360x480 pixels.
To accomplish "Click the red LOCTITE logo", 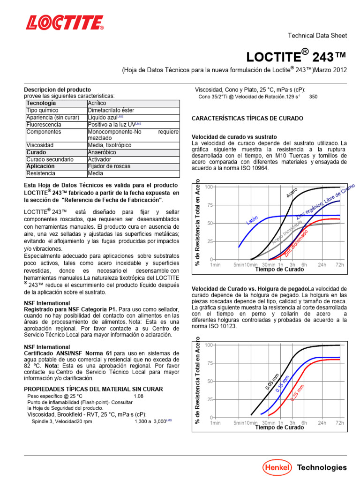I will tap(65, 23).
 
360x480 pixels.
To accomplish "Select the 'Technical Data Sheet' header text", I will tap(316, 36).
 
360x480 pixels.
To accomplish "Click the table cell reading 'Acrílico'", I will tap(97, 103).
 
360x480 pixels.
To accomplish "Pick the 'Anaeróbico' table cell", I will tap(102, 152).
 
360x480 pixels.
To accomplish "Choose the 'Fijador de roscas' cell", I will tap(109, 166).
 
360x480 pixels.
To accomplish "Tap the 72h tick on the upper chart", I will tap(339, 265).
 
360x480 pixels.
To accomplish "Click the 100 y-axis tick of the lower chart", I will tap(209, 345).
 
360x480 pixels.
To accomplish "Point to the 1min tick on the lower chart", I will tap(215, 423).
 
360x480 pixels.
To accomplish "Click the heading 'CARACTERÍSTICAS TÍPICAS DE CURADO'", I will tap(247, 118).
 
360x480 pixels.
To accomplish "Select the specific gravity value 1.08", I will tap(139, 396).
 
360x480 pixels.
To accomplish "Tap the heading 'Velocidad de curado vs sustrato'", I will tap(234, 137).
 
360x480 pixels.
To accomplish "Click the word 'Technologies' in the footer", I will tap(322, 467).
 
